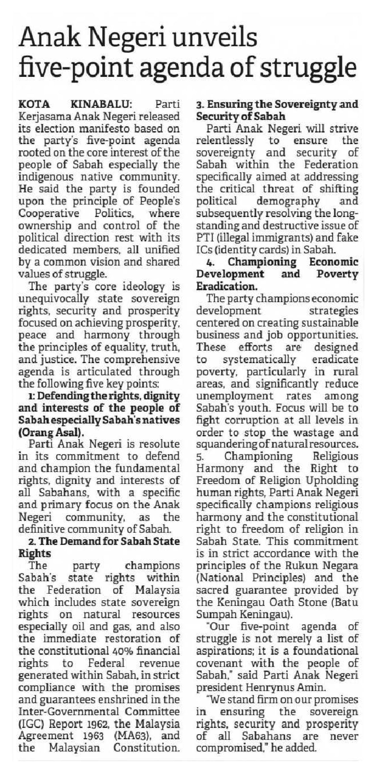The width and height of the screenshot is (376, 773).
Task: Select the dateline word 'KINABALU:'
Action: pos(101,104)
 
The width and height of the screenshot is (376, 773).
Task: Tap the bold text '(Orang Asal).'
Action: pos(51,432)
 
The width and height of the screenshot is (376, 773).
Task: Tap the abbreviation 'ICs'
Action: pos(204,250)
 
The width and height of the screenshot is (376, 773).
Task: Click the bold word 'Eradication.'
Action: pos(227,286)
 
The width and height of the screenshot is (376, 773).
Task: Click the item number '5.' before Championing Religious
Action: pos(200,457)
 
